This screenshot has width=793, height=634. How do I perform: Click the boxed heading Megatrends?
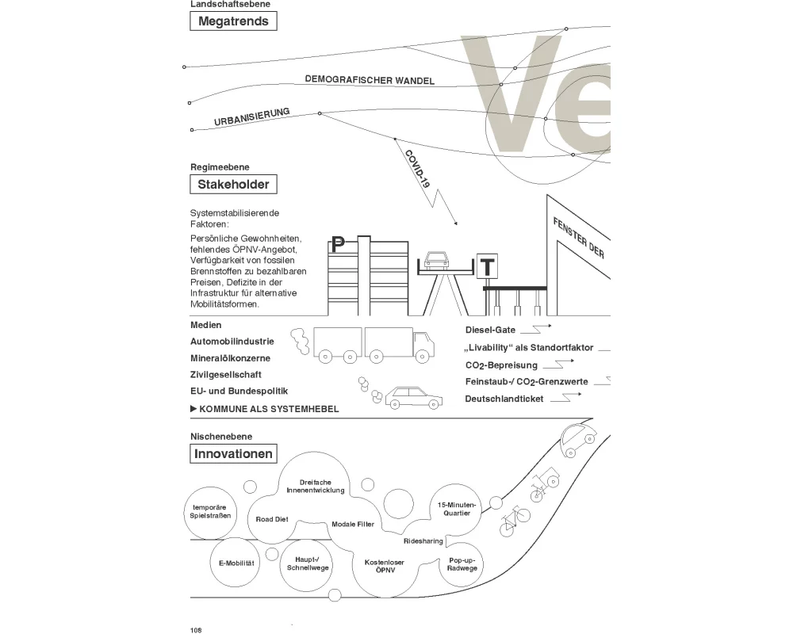[234, 21]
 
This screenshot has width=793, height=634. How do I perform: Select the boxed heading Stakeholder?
[234, 185]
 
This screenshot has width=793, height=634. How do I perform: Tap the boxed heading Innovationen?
[234, 454]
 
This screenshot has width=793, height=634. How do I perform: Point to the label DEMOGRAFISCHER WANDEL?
[370, 80]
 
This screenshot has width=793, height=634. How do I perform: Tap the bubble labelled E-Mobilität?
[236, 562]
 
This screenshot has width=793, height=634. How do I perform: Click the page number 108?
[197, 630]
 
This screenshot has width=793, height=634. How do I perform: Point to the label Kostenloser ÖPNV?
[385, 567]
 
